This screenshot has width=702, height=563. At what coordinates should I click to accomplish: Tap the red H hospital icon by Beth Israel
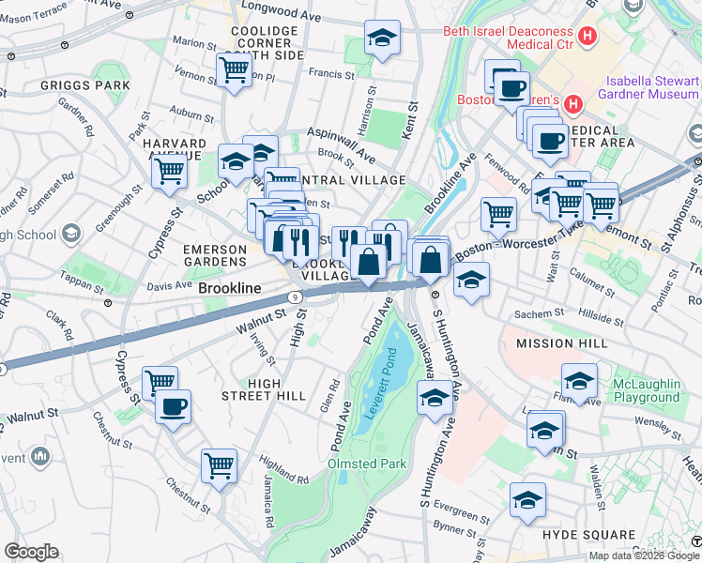tap(588, 38)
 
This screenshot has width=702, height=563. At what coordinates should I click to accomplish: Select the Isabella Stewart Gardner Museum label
tap(652, 87)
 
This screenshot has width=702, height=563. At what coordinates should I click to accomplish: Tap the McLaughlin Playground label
tap(646, 390)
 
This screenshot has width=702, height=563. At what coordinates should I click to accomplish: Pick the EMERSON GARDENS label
tap(215, 254)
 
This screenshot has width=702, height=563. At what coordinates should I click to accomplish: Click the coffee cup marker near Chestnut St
tap(174, 407)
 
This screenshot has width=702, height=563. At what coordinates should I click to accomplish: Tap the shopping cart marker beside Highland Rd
tap(219, 464)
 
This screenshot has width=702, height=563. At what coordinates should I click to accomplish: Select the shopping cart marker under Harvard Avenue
tap(169, 171)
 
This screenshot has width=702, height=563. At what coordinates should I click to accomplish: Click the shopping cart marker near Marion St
tap(234, 68)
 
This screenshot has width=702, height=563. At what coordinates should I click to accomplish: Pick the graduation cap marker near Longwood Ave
tap(381, 38)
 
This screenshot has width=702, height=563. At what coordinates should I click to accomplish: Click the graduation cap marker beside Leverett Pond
tap(434, 399)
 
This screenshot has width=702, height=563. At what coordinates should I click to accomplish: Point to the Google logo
tap(31, 552)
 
